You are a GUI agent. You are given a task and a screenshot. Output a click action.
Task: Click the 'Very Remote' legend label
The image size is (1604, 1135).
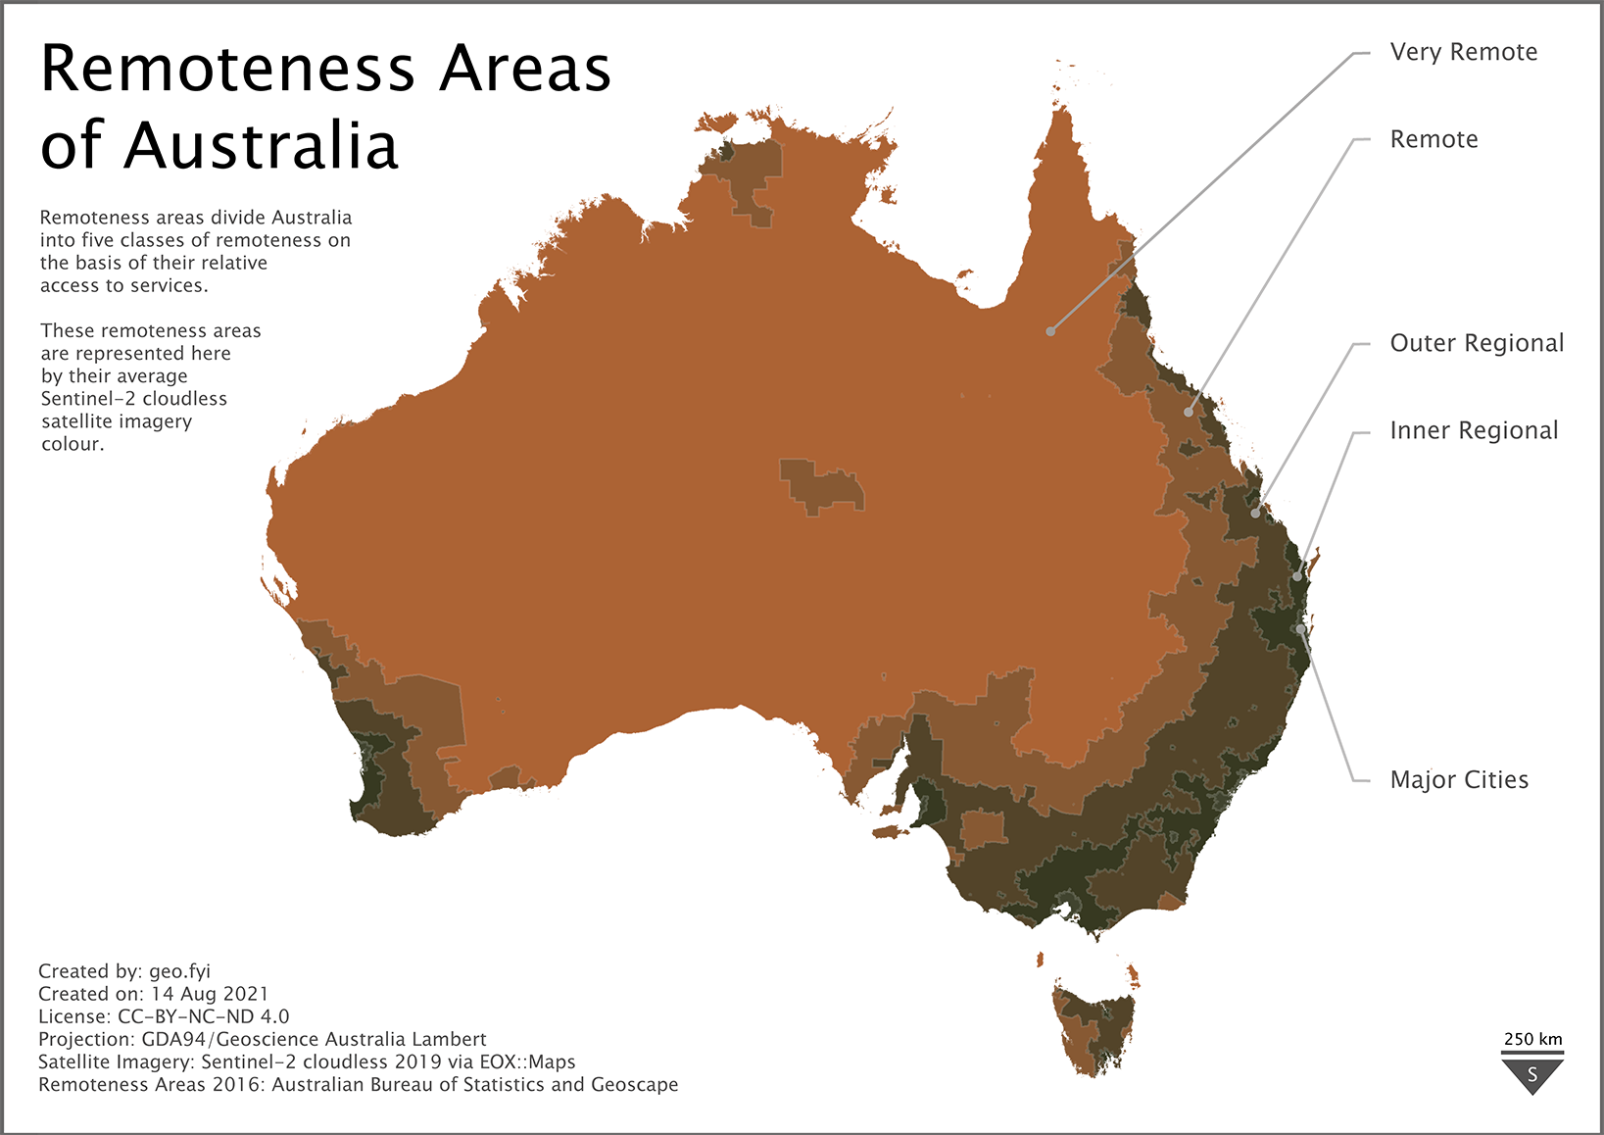pos(1463,52)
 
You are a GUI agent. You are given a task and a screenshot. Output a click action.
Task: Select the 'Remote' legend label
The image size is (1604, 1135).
pos(1434,139)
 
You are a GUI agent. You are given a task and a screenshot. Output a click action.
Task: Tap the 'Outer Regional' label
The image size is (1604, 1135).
pos(1477,343)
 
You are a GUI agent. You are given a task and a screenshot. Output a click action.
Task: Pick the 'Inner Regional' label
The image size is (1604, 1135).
pos(1474,430)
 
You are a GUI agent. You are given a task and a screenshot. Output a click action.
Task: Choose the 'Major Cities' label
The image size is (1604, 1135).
pos(1459,780)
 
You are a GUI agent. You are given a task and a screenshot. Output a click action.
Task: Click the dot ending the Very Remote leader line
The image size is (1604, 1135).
pos(1050,331)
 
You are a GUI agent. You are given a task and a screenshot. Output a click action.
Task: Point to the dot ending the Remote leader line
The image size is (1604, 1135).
pos(1189,413)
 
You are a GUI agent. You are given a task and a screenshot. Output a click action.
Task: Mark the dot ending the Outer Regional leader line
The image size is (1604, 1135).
pos(1256,514)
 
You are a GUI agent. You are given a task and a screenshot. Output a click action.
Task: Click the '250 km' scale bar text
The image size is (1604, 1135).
pos(1532,1039)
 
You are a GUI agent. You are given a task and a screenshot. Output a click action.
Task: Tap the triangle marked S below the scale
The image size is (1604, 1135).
pos(1532,1074)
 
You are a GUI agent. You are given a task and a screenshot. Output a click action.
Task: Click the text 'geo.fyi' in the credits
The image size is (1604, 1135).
pos(179,971)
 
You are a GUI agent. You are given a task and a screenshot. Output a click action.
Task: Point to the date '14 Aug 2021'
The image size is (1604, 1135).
pos(209,994)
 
